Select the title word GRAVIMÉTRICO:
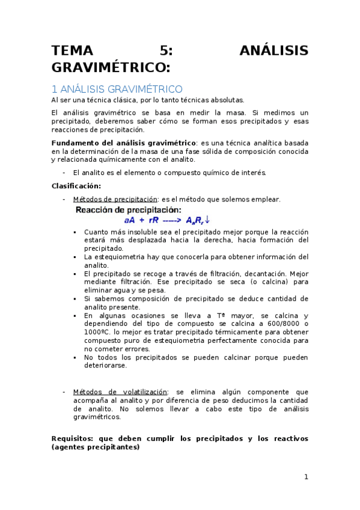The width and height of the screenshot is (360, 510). [x=111, y=66]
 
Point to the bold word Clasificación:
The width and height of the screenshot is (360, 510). [x=76, y=186]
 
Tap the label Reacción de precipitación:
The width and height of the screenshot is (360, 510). [x=128, y=210]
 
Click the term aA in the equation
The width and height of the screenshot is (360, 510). [x=130, y=220]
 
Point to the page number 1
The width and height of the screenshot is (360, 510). [x=305, y=477]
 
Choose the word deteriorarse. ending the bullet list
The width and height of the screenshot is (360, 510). [x=105, y=366]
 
